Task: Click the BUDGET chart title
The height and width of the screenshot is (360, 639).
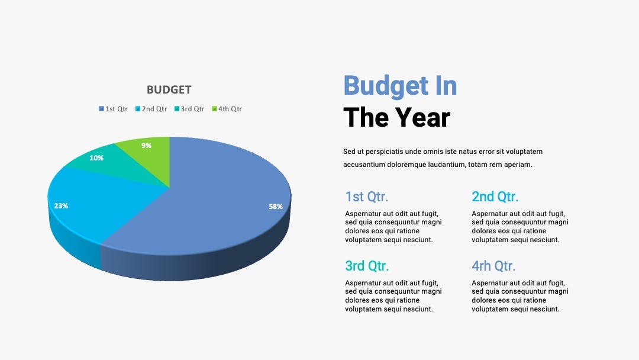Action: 169,89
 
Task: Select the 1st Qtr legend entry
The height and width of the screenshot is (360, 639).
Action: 113,109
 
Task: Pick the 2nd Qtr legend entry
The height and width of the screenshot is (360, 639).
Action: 151,109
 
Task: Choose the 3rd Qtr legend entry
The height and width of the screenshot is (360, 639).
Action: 189,109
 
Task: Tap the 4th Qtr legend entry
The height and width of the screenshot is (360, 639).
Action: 227,109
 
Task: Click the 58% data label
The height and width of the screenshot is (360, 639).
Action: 276,207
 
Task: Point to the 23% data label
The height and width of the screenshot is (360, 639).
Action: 61,206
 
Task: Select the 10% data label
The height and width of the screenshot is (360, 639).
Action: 96,157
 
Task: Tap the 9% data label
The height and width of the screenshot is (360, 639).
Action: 146,146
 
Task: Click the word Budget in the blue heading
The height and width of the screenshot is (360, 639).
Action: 386,86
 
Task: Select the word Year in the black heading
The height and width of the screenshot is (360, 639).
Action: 422,117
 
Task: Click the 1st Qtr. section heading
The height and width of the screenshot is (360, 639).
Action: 366,197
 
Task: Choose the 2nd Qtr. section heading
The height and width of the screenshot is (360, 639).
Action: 495,197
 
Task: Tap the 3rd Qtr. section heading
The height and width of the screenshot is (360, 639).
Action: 367,266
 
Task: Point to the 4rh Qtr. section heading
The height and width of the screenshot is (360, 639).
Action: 493,266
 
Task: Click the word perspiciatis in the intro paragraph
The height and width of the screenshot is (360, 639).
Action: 385,152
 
